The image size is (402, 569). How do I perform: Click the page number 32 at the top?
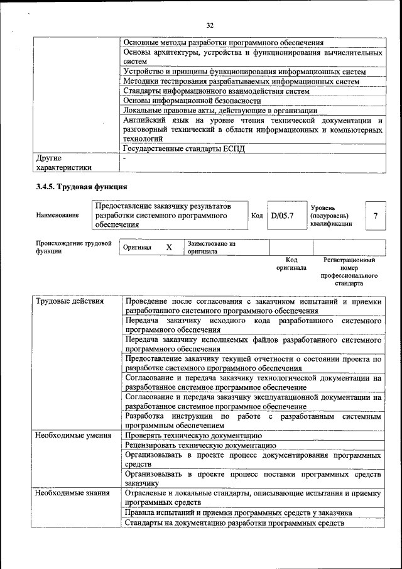click(x=210, y=25)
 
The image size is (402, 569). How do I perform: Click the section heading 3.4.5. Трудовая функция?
click(x=82, y=187)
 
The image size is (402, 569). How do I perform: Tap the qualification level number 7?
click(x=375, y=216)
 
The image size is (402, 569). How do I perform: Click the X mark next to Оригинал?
click(x=169, y=247)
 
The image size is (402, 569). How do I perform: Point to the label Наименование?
click(x=57, y=216)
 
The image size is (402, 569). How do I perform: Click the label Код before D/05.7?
click(x=257, y=216)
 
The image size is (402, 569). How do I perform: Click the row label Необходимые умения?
click(x=73, y=435)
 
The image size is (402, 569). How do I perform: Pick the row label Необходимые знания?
click(x=72, y=494)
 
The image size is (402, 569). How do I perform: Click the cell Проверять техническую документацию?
click(x=193, y=435)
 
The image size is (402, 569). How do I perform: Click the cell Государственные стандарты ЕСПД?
click(x=183, y=149)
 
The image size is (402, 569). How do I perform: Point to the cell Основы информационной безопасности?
click(x=192, y=101)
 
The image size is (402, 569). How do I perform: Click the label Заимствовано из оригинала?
click(x=211, y=247)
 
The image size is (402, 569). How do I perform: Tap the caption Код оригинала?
click(x=291, y=263)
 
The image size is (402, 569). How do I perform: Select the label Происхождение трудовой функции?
click(x=73, y=246)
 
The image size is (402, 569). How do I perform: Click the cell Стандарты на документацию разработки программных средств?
click(x=234, y=523)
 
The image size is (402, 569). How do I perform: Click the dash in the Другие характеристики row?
click(x=125, y=158)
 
